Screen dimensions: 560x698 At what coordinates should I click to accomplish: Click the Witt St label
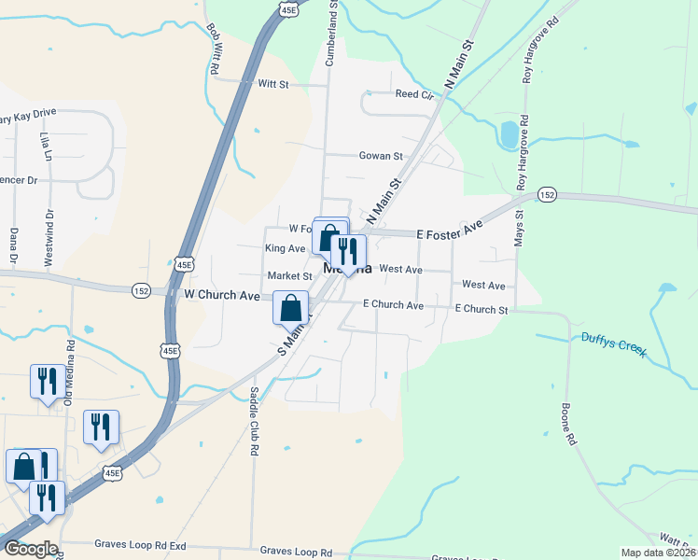coord(273,84)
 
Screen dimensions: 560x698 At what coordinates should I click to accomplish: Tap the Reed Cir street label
coord(414,94)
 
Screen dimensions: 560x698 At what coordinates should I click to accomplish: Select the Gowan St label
coord(380,157)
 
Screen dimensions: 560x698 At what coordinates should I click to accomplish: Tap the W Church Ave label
coord(221,295)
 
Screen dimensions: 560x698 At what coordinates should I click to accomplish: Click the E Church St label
coord(481,309)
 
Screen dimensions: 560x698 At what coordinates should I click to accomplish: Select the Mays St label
coord(519,228)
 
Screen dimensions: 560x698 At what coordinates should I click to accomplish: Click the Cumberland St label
coord(330,34)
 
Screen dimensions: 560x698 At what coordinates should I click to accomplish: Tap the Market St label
coord(289,276)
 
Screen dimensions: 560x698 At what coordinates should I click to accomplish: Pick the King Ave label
coord(285,249)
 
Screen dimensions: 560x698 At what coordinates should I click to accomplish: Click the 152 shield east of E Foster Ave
coord(547,194)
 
